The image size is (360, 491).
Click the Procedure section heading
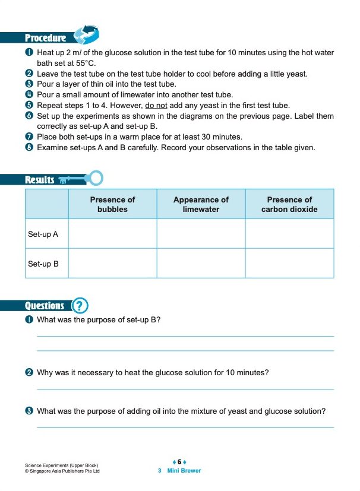[45, 38]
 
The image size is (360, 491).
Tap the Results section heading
[40, 180]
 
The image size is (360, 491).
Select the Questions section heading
[45, 306]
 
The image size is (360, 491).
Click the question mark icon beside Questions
[80, 306]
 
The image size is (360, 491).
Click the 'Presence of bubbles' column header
[112, 204]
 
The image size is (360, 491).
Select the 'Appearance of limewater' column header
[201, 204]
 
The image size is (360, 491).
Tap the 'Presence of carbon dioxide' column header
[289, 204]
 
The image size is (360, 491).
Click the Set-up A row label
[43, 235]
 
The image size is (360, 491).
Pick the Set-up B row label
[43, 264]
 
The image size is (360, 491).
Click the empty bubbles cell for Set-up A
[112, 234]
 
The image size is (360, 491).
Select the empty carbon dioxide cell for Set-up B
[289, 263]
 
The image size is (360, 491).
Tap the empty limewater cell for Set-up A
[201, 234]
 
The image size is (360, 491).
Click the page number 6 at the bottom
[179, 461]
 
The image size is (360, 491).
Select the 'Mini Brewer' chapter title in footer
[184, 471]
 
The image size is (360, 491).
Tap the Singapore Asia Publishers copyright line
[62, 471]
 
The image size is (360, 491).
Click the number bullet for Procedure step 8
[29, 148]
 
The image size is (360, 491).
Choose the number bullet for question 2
[29, 373]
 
